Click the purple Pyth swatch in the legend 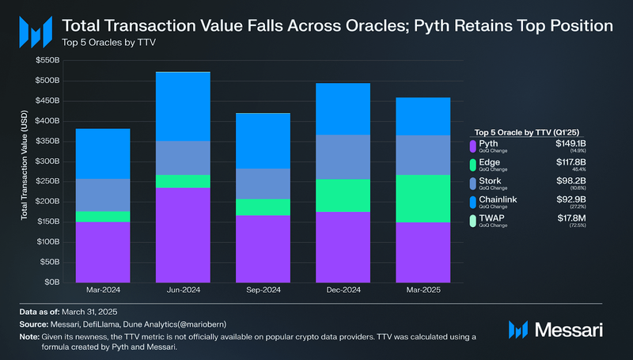472,146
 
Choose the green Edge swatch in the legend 472,166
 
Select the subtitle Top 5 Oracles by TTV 103,41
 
